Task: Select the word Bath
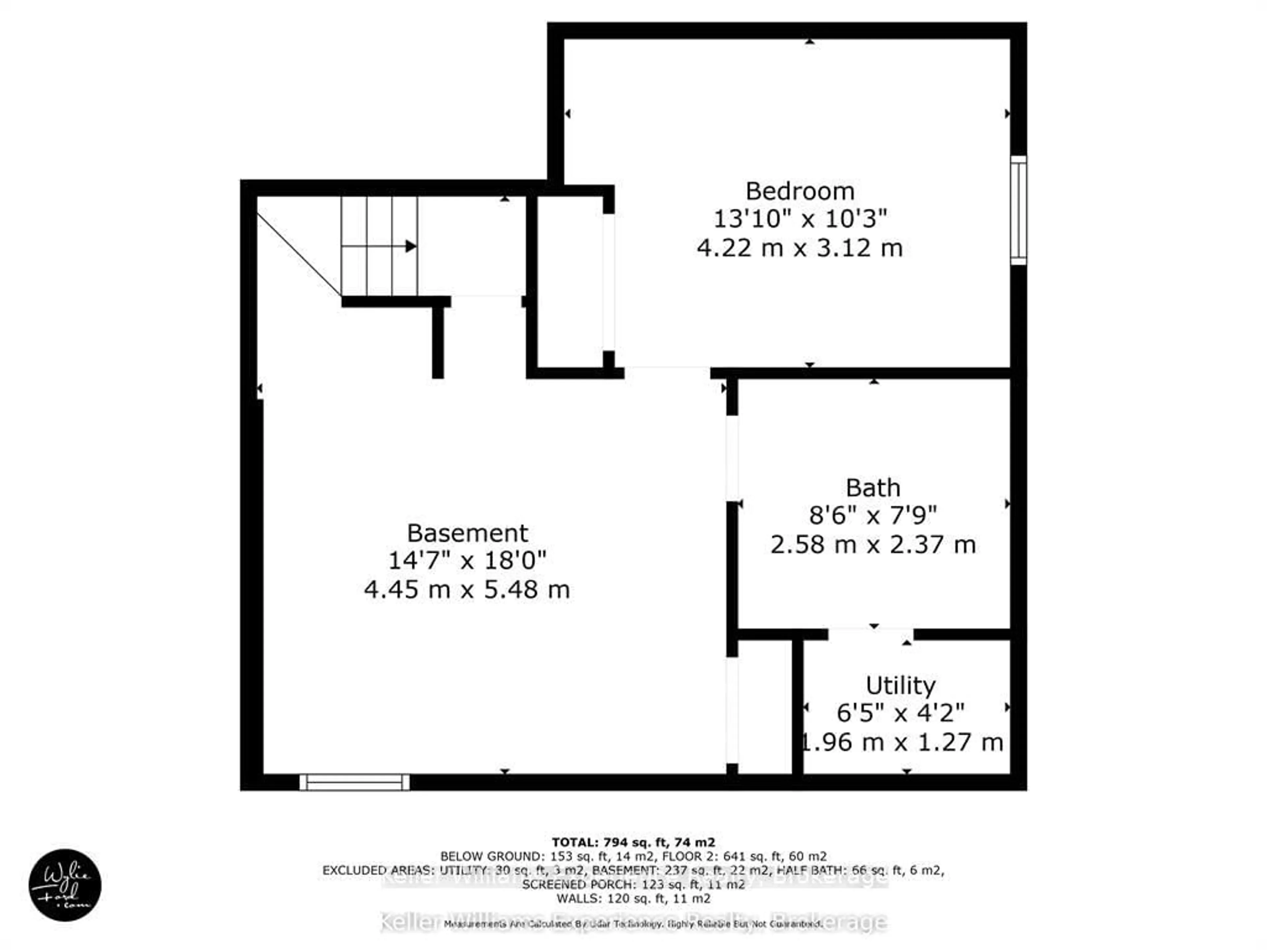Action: pyautogui.click(x=873, y=488)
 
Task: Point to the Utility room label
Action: pyautogui.click(x=900, y=685)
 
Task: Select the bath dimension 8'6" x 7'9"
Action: pyautogui.click(x=873, y=516)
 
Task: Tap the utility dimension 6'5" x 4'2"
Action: pyautogui.click(x=900, y=713)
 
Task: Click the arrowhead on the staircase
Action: pyautogui.click(x=411, y=246)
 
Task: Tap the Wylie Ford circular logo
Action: pyautogui.click(x=65, y=885)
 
